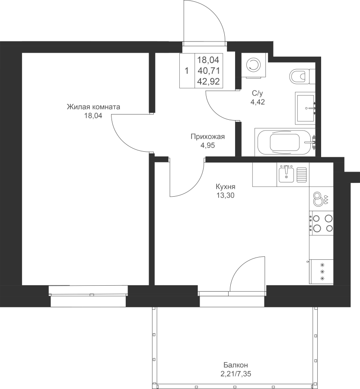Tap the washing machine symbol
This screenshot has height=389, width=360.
coord(254,66)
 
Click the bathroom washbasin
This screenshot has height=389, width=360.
coord(306,108)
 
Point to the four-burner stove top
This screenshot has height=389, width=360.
coord(321,223)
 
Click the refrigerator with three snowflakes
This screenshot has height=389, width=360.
coord(321,272)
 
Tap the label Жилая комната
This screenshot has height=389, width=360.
coord(93,107)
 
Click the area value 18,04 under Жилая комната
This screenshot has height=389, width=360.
coord(93,115)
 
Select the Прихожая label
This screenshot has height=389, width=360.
coord(208,137)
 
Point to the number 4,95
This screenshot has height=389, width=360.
coord(208,145)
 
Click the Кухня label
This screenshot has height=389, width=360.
coord(226,187)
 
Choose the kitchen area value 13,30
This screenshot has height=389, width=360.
coord(226,195)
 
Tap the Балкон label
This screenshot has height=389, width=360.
coord(236,365)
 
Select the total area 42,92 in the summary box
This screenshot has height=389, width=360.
coord(209,81)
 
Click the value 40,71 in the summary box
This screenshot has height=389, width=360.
coord(209,71)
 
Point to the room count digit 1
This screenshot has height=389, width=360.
coord(187,71)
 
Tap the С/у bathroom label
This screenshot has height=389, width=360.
coord(257,93)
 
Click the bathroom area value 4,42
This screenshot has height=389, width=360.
coord(258,102)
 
